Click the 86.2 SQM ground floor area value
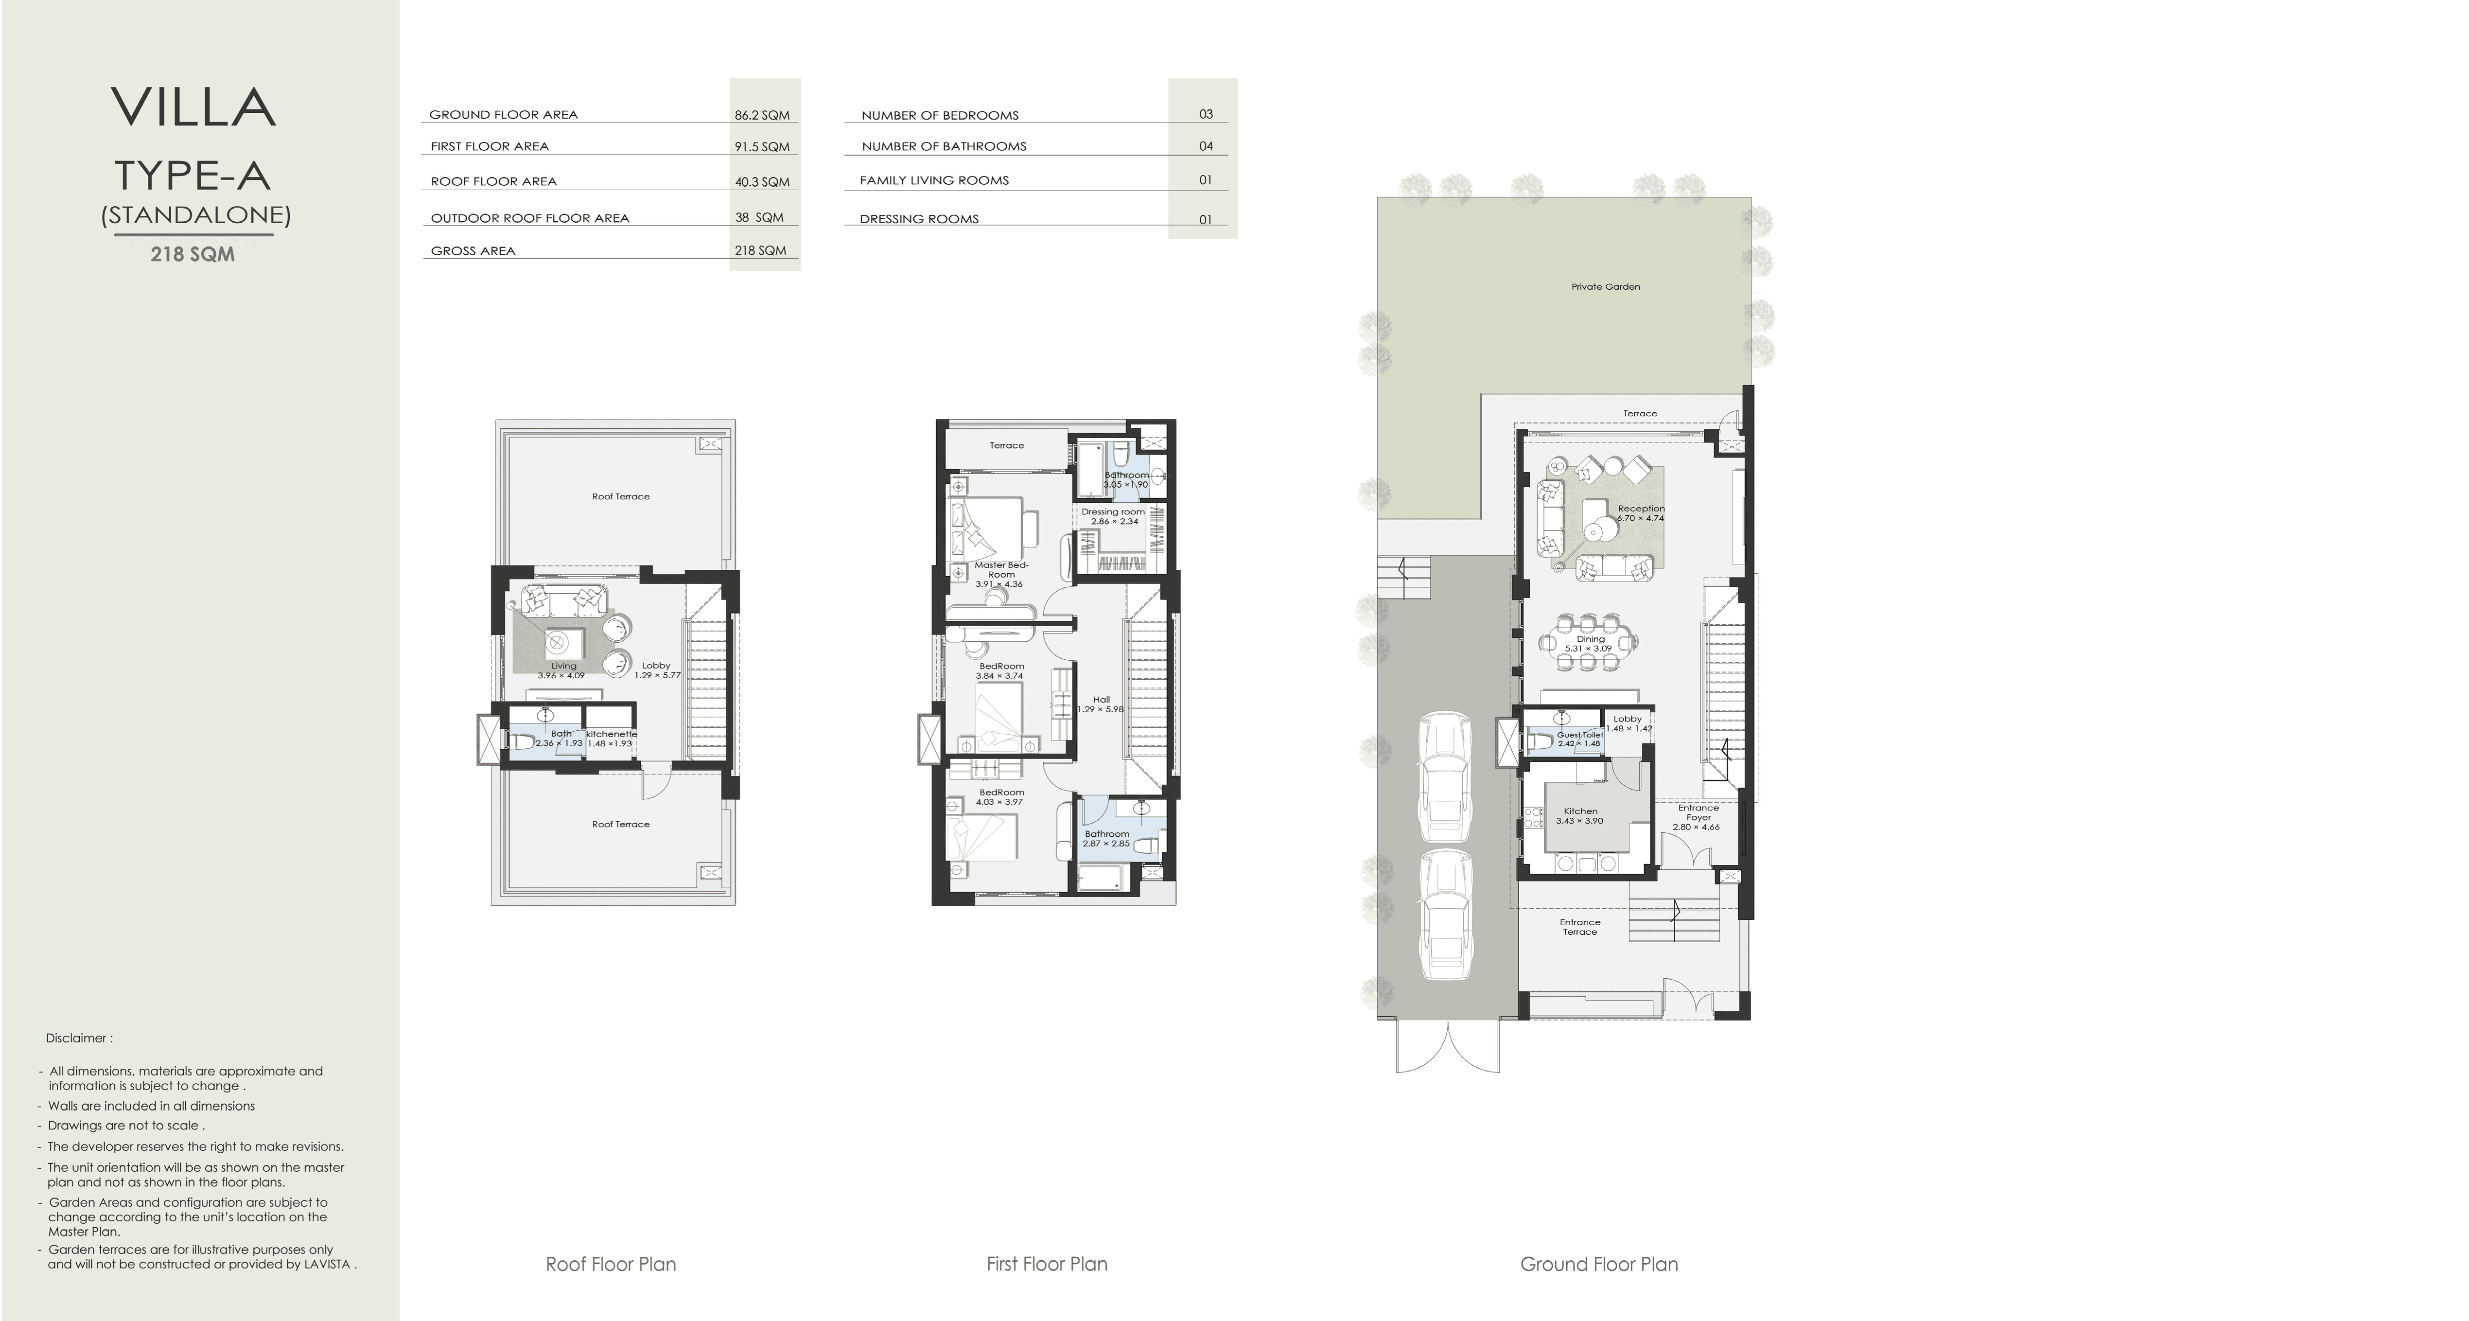point(762,115)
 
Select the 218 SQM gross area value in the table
point(760,250)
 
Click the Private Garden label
point(1606,287)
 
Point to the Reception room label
point(1641,509)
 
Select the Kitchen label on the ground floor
point(1580,811)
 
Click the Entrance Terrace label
point(1579,927)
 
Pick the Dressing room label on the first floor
point(1113,512)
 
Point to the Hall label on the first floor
point(1101,700)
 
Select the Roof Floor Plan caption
point(611,1265)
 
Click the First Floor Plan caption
point(1047,1265)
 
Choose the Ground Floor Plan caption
point(1599,1265)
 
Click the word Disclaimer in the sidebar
point(77,1038)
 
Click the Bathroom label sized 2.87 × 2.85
point(1107,834)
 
